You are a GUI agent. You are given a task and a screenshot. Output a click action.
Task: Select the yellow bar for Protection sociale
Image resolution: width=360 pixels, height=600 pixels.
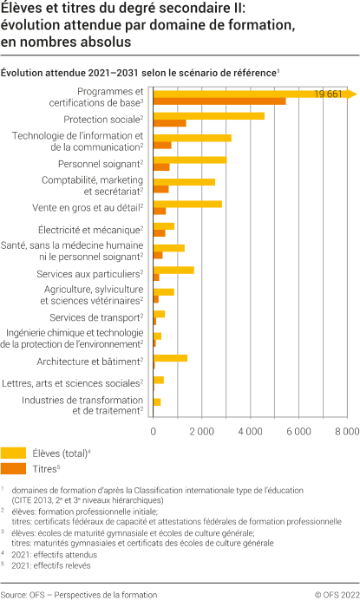208,115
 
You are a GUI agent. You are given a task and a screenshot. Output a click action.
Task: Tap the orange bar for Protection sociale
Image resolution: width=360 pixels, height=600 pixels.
169,123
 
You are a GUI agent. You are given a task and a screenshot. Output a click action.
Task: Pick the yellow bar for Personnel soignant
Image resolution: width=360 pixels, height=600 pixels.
189,160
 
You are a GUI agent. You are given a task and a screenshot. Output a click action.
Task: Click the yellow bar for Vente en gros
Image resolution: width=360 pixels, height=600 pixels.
187,204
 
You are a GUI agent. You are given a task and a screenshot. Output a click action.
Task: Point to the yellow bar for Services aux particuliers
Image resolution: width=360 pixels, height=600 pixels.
173,270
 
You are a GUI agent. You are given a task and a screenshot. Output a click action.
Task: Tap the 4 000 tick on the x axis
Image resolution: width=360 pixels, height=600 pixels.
250,431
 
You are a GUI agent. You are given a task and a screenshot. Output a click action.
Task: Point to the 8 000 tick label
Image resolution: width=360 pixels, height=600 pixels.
346,431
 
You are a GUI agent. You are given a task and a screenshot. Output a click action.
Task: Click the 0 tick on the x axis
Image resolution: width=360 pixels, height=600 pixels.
154,431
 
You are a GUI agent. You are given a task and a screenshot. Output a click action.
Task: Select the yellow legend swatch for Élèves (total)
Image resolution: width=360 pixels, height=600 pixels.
13,453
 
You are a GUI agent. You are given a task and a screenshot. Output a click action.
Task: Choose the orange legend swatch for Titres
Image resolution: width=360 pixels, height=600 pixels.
13,468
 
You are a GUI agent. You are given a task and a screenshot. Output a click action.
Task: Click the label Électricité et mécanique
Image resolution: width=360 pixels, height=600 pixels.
90,230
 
